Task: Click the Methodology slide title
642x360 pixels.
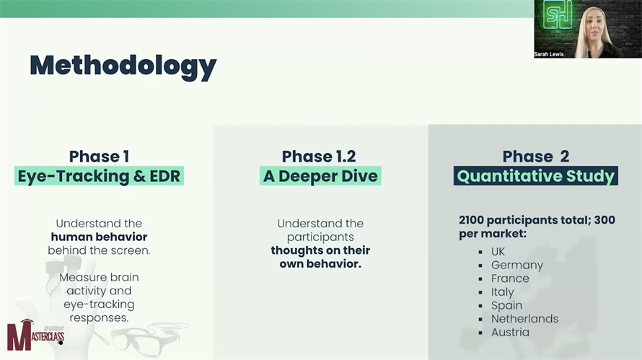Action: pos(123,66)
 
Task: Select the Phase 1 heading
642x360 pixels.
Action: pos(99,156)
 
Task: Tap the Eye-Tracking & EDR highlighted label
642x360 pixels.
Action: pos(99,176)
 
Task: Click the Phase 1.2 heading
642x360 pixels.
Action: pos(319,156)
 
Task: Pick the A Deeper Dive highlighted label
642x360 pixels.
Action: pos(320,176)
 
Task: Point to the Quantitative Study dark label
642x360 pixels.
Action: pos(535,176)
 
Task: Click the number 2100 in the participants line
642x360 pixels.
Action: pos(471,220)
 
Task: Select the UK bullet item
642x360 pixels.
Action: pos(498,252)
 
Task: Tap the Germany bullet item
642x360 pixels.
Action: pos(517,265)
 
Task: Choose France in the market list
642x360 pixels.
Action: pos(510,278)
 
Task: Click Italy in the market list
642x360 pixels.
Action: pos(502,292)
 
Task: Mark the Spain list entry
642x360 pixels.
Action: pos(507,305)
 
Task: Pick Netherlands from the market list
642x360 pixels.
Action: pos(525,319)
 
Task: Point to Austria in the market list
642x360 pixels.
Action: pos(510,332)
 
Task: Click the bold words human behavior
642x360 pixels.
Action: pos(99,237)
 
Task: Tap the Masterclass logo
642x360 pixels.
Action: pos(35,335)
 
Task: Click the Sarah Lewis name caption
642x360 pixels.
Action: pos(549,54)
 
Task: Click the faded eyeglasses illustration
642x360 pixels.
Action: pos(145,338)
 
